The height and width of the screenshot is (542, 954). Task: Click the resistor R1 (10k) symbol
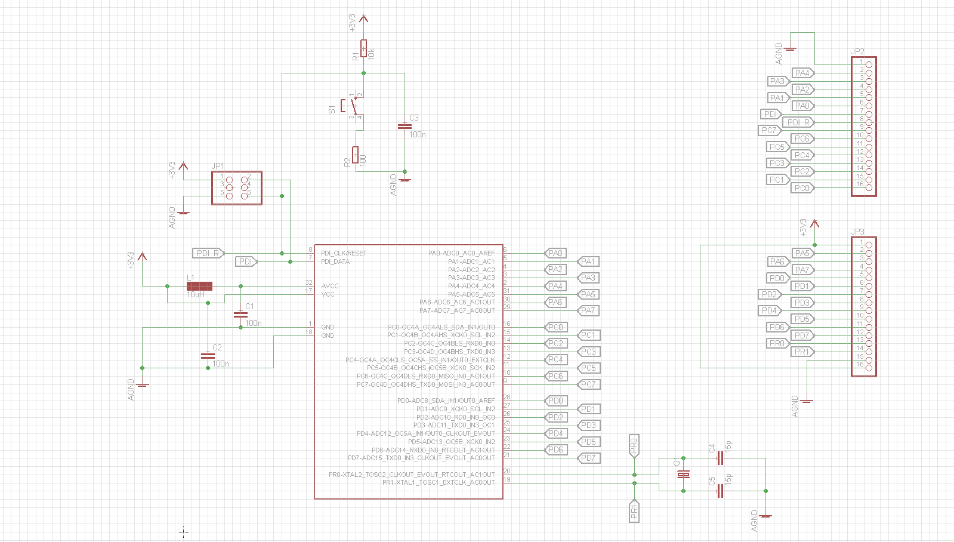364,48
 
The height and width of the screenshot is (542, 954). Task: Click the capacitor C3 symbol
405,126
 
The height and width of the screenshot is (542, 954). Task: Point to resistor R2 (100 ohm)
356,155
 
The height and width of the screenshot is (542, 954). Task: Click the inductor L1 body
199,286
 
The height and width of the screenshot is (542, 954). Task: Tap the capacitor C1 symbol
240,314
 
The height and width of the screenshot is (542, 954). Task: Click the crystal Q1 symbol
683,474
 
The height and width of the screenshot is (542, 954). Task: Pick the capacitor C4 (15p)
720,458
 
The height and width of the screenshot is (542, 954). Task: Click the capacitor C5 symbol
720,491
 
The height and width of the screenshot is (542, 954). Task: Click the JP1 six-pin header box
237,188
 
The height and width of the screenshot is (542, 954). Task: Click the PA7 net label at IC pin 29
589,310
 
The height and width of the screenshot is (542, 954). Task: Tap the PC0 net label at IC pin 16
555,327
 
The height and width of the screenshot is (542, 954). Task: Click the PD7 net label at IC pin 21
589,458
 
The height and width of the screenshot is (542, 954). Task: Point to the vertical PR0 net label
634,445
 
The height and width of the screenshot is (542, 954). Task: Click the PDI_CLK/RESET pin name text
344,253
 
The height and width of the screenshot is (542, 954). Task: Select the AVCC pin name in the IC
330,286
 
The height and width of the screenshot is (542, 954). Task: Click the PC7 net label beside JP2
770,130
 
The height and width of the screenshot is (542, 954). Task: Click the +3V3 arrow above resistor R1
364,20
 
